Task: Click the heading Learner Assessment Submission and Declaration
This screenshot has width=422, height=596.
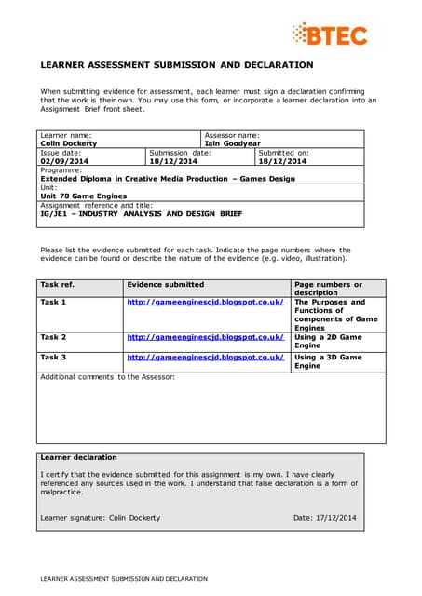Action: tap(176, 65)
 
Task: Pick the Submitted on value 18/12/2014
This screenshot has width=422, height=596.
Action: tap(282, 161)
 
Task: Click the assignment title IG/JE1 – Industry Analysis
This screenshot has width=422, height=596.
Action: tap(141, 213)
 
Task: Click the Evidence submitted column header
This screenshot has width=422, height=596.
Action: tap(165, 284)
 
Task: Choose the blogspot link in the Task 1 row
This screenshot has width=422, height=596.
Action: tap(205, 303)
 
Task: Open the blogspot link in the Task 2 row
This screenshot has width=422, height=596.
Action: tap(205, 337)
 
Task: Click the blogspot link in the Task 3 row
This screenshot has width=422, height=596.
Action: tap(205, 358)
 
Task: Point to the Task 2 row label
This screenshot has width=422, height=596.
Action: tap(54, 337)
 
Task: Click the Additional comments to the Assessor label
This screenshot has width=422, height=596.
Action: tap(107, 376)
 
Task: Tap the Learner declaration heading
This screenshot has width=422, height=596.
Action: tap(79, 457)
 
